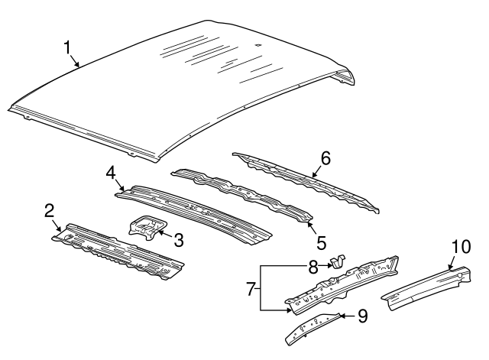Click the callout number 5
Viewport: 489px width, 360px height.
[x=322, y=243]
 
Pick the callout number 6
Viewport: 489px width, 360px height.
[x=325, y=158]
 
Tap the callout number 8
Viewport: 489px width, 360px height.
[x=313, y=267]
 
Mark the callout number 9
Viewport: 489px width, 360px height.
[x=362, y=313]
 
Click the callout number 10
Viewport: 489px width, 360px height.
[x=461, y=246]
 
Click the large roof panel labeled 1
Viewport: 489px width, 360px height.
[x=191, y=84]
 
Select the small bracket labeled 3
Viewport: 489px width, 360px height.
[x=145, y=229]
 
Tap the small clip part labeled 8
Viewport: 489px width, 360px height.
[x=337, y=264]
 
